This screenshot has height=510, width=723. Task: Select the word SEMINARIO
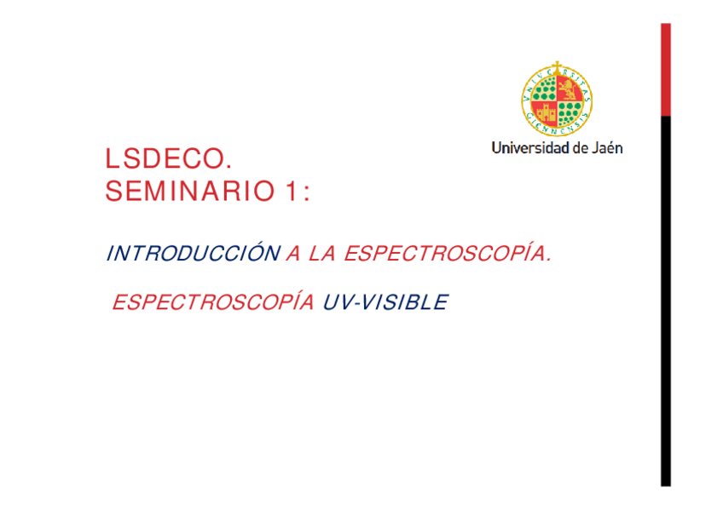coord(190,191)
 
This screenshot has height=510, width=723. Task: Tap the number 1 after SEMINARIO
coord(292,191)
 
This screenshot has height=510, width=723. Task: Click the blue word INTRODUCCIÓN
coord(194,252)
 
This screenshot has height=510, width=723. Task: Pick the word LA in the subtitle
coord(321,254)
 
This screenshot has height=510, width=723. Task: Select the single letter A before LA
coord(293,254)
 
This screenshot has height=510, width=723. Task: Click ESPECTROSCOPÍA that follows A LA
coord(448,252)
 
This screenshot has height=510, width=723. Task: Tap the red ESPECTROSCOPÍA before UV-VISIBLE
coord(213,301)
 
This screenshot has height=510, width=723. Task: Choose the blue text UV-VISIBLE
coord(385,302)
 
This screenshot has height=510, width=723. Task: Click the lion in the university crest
coord(570,89)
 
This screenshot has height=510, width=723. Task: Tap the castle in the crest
coord(545,112)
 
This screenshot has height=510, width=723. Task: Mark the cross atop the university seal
coord(557,66)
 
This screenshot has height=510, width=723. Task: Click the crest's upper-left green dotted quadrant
coord(545,89)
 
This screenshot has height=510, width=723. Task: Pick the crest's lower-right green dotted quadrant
coord(570,113)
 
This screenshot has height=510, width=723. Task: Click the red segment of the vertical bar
coord(666,70)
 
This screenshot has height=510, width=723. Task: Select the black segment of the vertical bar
coord(666,301)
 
